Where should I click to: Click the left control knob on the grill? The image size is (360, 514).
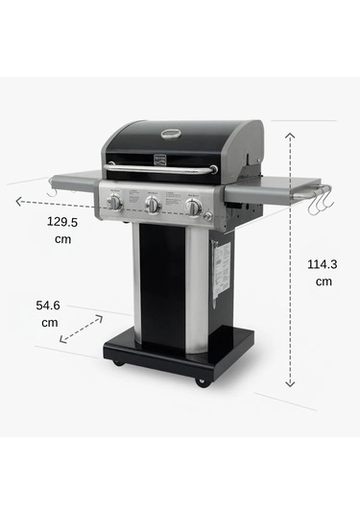(x=114, y=203)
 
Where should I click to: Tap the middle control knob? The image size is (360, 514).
(x=153, y=205)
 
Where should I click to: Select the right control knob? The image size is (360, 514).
(x=193, y=207)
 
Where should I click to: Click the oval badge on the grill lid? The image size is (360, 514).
(x=170, y=135)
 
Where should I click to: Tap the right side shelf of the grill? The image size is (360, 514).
(x=273, y=186)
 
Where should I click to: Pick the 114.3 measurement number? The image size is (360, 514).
(x=321, y=264)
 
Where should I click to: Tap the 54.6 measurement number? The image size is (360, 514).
(x=49, y=305)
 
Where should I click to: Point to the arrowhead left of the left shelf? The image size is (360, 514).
(x=19, y=201)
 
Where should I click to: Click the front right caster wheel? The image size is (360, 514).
(x=202, y=380)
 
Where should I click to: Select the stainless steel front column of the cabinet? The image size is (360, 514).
(x=196, y=288)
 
